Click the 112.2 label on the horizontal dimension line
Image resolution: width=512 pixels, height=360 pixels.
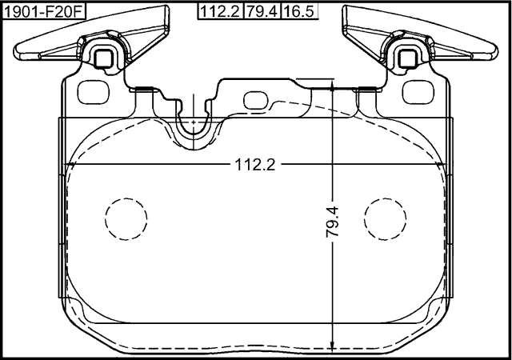pyautogui.click(x=254, y=165)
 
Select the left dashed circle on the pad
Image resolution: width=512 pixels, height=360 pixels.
pyautogui.click(x=126, y=218)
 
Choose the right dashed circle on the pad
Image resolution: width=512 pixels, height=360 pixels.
pyautogui.click(x=386, y=218)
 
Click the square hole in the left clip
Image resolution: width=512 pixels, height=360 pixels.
pyautogui.click(x=102, y=57)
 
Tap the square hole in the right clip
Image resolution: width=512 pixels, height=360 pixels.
pyautogui.click(x=407, y=57)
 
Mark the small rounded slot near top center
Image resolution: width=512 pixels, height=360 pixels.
pyautogui.click(x=256, y=100)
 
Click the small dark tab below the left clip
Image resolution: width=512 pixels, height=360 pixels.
pyautogui.click(x=145, y=89)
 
